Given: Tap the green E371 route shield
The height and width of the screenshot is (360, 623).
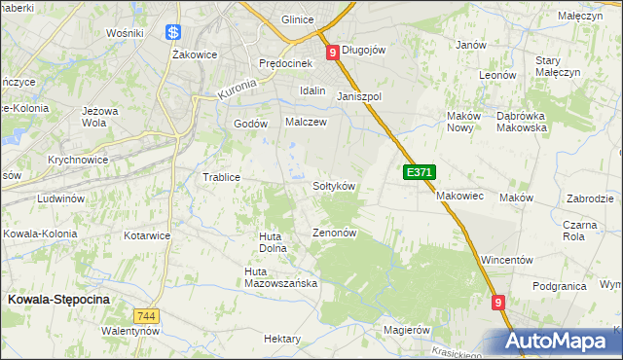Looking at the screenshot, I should click(419, 172).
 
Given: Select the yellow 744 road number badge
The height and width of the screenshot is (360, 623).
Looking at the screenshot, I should click(147, 316).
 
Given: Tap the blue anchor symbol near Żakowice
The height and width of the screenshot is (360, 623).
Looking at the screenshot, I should click(173, 32).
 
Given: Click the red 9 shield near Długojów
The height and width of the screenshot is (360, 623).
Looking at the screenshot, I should click(333, 52).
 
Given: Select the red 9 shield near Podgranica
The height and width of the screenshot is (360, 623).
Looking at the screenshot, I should click(498, 303).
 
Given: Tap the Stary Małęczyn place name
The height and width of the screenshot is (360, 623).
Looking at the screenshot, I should click(558, 66).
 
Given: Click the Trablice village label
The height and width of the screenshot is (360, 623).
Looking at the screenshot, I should click(221, 177).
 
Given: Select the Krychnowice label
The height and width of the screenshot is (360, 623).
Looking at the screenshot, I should click(77, 159).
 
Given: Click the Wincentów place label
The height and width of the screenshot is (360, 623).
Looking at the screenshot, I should click(509, 261).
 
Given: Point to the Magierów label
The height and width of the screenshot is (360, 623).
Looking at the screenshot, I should click(407, 330).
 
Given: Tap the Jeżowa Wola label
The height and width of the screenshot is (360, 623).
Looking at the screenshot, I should click(100, 117).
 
